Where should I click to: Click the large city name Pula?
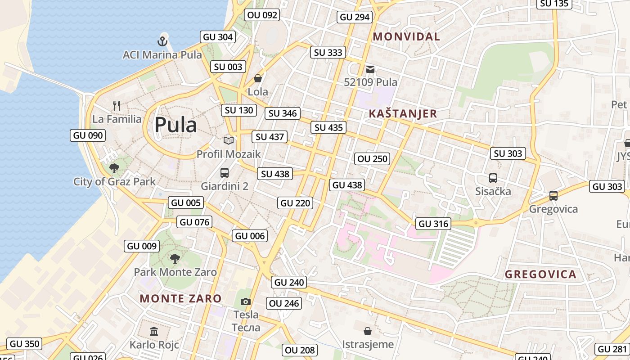[175, 125]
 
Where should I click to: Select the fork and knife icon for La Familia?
[117, 106]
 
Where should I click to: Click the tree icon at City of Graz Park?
[114, 168]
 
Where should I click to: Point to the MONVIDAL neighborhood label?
[406, 37]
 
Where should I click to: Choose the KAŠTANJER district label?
[403, 114]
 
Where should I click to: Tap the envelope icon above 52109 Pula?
[370, 69]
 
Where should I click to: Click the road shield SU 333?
[328, 52]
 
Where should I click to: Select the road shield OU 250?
[372, 158]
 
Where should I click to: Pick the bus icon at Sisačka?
[493, 178]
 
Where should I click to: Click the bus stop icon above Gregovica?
[553, 196]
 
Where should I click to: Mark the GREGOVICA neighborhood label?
[540, 274]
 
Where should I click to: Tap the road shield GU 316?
[434, 224]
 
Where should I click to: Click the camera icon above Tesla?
[245, 301]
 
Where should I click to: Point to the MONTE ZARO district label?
[180, 298]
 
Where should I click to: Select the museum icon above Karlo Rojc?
[154, 332]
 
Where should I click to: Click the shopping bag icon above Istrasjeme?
[368, 331]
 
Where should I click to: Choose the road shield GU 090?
[88, 135]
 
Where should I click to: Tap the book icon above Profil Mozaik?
[229, 140]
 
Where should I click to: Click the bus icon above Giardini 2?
[224, 172]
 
